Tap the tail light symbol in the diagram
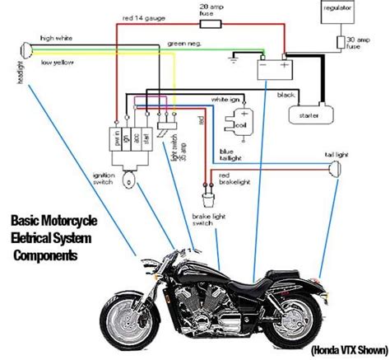(335, 170)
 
